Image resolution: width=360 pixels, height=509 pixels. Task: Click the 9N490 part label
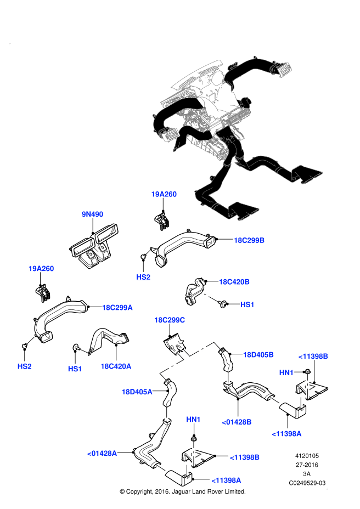pos(93,214)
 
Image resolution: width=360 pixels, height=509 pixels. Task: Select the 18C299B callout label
pos(249,240)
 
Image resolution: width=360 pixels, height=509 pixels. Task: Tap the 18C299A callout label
pos(117,308)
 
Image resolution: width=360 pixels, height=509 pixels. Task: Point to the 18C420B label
pos(234,282)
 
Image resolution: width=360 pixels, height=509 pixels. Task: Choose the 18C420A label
pos(116,366)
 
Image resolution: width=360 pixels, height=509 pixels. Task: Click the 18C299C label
pos(170,320)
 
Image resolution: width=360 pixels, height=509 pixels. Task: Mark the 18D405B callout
pos(258,355)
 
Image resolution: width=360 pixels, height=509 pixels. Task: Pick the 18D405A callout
pos(137,392)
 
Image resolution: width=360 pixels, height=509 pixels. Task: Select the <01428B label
pos(237,422)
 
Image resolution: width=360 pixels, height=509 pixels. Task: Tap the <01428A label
pos(102,453)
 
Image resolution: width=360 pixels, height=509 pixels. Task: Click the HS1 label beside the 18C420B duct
pos(248,304)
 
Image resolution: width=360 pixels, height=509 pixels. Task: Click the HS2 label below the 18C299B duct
pos(143,278)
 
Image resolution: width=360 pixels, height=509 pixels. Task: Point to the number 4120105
pos(307,455)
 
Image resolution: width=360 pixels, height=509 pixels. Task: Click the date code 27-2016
pos(307,465)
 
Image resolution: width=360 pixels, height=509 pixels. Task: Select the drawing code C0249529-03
pos(307,483)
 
